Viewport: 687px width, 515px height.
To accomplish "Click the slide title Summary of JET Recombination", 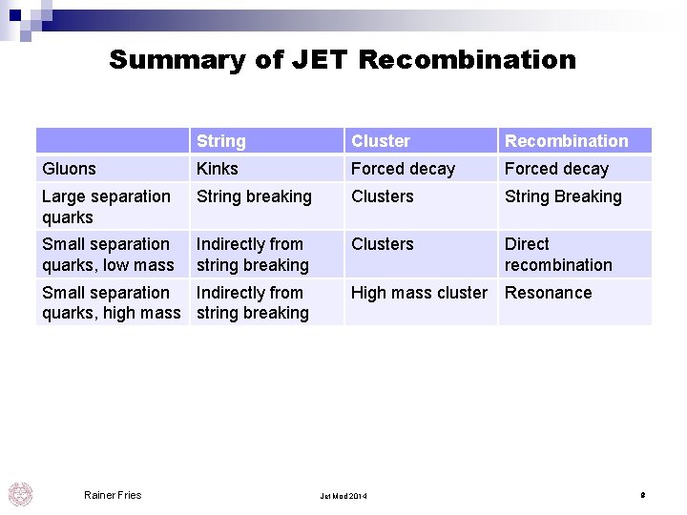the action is pyautogui.click(x=343, y=59).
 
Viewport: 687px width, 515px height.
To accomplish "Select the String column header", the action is pyautogui.click(x=221, y=141).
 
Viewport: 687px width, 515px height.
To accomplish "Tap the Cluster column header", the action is pyautogui.click(x=381, y=141).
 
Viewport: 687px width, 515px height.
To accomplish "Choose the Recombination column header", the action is pyautogui.click(x=567, y=141).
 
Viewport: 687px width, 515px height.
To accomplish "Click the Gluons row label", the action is pyautogui.click(x=69, y=169).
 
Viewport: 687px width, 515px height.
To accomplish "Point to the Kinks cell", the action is pyautogui.click(x=218, y=169).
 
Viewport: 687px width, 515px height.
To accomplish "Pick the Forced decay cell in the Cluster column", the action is pyautogui.click(x=403, y=169).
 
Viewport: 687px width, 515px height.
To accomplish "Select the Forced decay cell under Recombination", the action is pyautogui.click(x=556, y=169).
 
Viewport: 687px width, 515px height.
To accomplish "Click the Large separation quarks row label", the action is pyautogui.click(x=106, y=206).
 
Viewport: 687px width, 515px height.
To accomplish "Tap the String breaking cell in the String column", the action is pyautogui.click(x=254, y=196).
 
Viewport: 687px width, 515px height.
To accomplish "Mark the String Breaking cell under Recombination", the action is pyautogui.click(x=563, y=196).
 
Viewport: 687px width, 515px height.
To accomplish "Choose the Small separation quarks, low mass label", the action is pyautogui.click(x=108, y=255).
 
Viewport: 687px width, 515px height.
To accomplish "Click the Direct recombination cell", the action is pyautogui.click(x=558, y=255).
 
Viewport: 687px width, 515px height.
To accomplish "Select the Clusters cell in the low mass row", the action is pyautogui.click(x=383, y=244).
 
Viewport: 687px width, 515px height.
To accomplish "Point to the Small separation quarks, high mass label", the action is pyautogui.click(x=111, y=302).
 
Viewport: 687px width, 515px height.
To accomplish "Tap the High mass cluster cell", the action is pyautogui.click(x=419, y=293).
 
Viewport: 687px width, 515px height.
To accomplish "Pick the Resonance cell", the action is pyautogui.click(x=548, y=293).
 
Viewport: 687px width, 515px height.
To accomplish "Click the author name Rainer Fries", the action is pyautogui.click(x=113, y=495).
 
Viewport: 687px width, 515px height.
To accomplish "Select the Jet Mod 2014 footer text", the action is pyautogui.click(x=343, y=497).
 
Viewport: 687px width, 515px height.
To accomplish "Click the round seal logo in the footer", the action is pyautogui.click(x=20, y=494).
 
